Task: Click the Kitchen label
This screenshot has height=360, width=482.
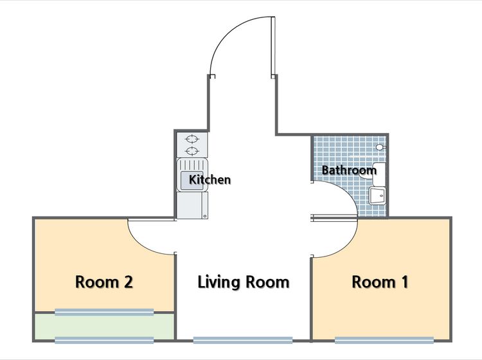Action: click(x=210, y=179)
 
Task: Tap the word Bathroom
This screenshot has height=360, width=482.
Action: click(x=349, y=170)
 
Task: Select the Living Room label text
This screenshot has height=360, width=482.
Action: click(x=244, y=282)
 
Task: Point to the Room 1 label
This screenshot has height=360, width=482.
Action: click(x=380, y=282)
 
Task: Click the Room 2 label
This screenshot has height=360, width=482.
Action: click(x=104, y=282)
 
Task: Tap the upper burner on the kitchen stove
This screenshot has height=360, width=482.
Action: click(x=192, y=139)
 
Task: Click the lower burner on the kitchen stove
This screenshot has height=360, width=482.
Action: click(x=192, y=151)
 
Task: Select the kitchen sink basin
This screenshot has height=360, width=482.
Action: click(x=192, y=181)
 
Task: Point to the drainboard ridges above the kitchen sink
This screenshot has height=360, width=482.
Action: click(x=192, y=164)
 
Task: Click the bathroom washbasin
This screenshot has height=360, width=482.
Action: click(x=377, y=196)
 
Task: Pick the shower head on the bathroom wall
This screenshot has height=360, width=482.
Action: click(x=380, y=147)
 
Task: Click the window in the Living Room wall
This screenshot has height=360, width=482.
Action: click(x=243, y=339)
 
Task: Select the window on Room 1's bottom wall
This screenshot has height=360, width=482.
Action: click(x=384, y=339)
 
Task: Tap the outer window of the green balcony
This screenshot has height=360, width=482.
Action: click(x=104, y=339)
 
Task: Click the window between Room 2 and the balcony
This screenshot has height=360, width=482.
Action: click(x=104, y=312)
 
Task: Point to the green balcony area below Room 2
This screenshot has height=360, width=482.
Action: click(x=104, y=326)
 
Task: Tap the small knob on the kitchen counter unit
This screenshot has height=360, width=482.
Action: click(x=205, y=217)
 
